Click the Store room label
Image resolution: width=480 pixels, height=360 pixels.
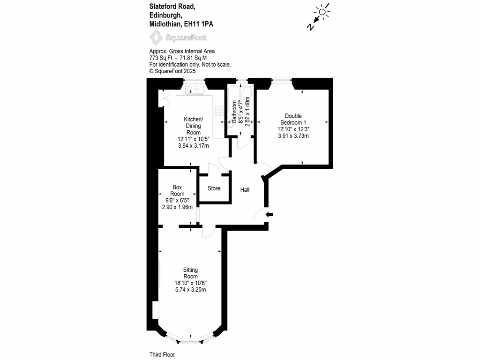(x=214, y=188)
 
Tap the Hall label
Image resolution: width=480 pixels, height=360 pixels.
(x=245, y=190)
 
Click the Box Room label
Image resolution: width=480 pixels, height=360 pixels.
(x=177, y=190)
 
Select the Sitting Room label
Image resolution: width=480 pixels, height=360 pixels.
(x=190, y=273)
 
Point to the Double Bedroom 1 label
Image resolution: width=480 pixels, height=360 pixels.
(x=293, y=119)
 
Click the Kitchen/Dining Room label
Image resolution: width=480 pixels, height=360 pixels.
(x=193, y=126)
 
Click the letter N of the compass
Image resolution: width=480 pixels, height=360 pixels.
(x=310, y=27)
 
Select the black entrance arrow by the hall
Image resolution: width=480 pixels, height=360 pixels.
(x=269, y=215)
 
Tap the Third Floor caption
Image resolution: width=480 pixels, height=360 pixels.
(x=162, y=355)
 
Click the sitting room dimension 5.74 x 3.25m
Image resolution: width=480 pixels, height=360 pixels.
(x=190, y=290)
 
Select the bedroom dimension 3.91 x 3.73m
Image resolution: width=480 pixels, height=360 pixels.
(x=293, y=136)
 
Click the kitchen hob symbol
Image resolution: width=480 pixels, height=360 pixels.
(x=218, y=111)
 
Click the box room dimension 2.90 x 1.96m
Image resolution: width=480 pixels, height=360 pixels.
(x=177, y=207)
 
